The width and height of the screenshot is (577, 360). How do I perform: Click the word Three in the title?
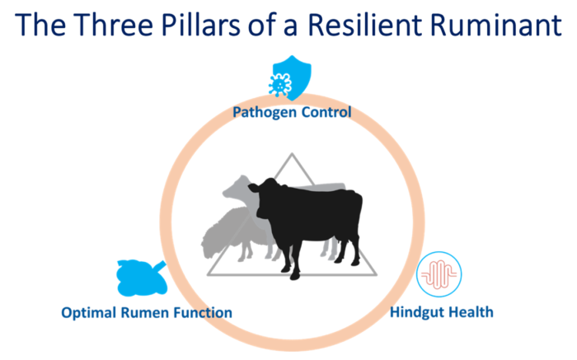(115, 24)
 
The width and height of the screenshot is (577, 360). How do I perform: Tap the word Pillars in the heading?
(200, 24)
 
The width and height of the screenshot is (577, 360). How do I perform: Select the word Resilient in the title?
(365, 24)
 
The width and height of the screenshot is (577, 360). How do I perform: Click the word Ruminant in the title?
(496, 24)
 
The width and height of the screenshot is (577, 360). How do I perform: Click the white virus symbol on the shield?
(280, 85)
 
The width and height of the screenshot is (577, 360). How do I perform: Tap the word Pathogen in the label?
(260, 112)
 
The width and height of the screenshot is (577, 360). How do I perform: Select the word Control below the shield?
(321, 111)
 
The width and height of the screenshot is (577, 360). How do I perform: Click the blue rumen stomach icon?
(141, 278)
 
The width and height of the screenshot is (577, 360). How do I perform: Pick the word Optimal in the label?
(88, 313)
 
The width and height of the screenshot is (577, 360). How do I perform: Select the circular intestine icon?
(439, 274)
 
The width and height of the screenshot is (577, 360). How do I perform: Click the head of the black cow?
(265, 199)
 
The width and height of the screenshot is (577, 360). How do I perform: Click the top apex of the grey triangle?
(292, 154)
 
